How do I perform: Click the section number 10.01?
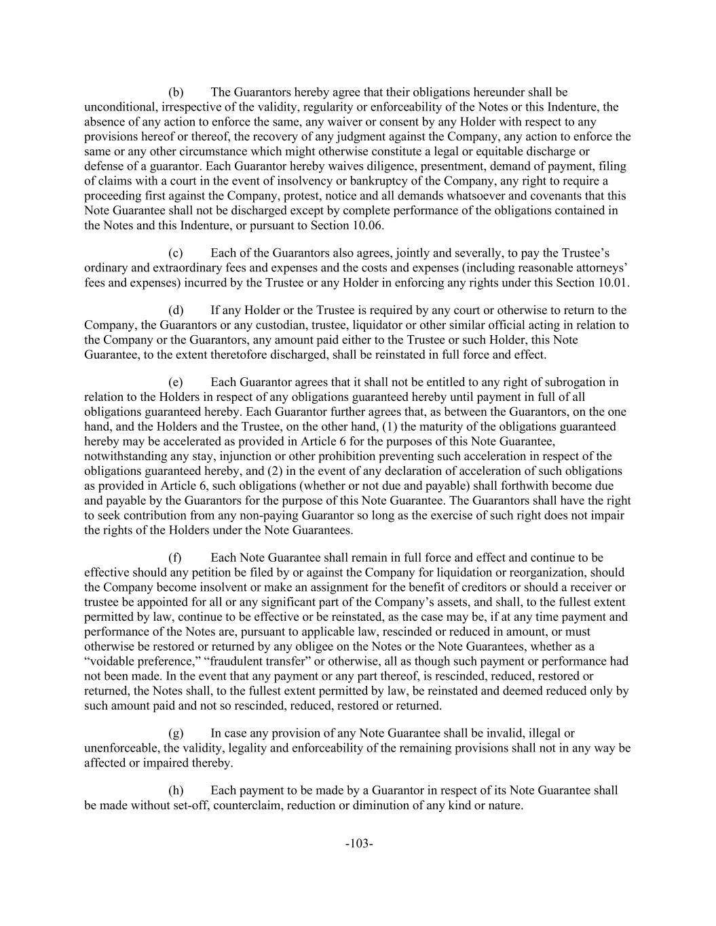point(614,283)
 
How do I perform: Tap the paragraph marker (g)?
point(176,733)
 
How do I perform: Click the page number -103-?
point(359,844)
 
